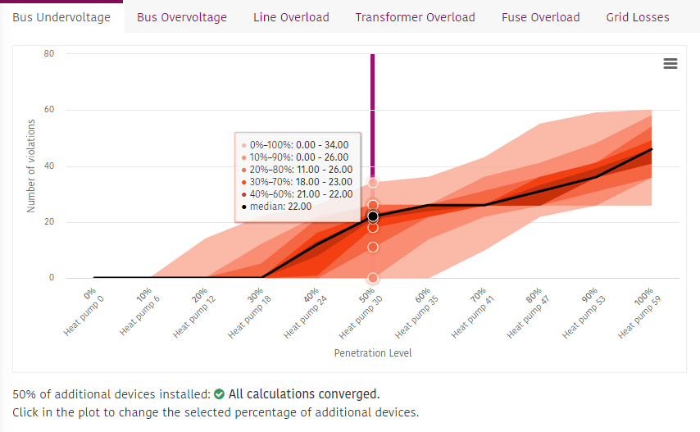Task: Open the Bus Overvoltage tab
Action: tap(182, 17)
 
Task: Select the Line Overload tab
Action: tap(291, 17)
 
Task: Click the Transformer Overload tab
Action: tap(416, 17)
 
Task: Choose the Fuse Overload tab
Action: tap(541, 17)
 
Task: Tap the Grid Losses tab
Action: tap(638, 17)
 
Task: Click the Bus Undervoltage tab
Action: tap(61, 17)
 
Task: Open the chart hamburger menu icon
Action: tap(670, 63)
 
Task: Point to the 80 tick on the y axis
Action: tap(49, 53)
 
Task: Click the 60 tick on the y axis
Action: tap(49, 109)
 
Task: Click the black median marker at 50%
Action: tap(373, 216)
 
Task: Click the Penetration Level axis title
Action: tap(373, 353)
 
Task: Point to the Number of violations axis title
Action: tap(31, 166)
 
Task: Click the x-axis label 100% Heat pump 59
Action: tap(639, 313)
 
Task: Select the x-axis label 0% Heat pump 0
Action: tap(84, 312)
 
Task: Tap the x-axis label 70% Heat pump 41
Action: tap(473, 313)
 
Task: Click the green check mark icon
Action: tap(219, 394)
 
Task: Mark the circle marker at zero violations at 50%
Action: tap(373, 278)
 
